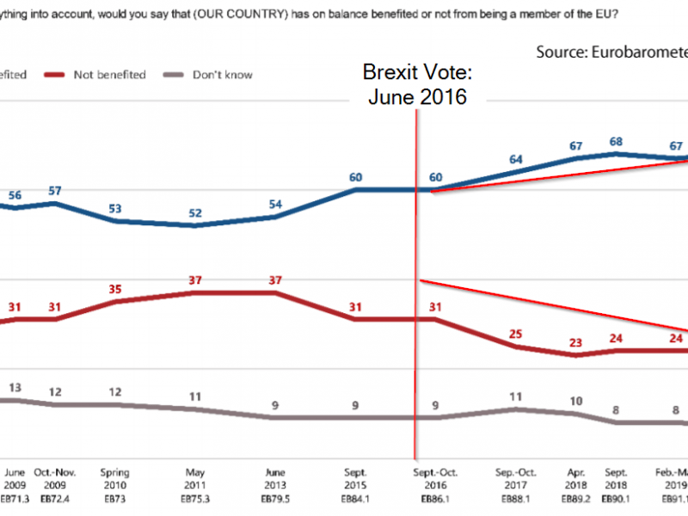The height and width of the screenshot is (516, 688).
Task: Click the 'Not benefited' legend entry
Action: (110, 75)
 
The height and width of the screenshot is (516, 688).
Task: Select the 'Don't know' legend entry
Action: (222, 75)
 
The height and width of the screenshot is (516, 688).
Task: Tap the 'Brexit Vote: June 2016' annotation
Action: (417, 83)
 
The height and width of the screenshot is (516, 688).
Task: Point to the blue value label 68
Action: (616, 140)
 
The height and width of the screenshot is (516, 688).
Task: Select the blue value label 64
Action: (516, 159)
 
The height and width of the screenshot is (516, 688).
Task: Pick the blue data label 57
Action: (55, 190)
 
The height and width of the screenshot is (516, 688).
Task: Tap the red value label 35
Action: (114, 290)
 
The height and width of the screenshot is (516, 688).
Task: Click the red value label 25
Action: (516, 334)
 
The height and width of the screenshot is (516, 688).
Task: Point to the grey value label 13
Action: (15, 388)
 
